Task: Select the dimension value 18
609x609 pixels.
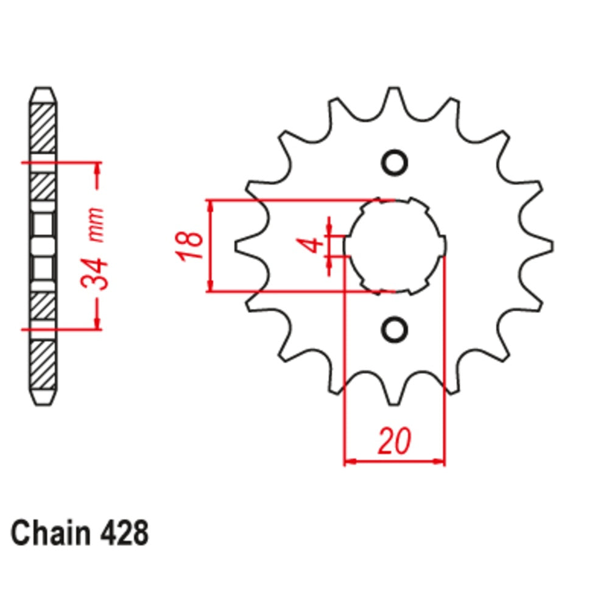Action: click(x=191, y=245)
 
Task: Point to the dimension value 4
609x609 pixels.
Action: click(x=313, y=245)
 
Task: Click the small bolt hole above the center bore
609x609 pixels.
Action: click(x=394, y=163)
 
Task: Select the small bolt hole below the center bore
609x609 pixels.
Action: click(x=394, y=329)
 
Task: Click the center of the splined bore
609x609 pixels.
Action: click(x=395, y=245)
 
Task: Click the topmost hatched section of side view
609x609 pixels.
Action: click(x=43, y=128)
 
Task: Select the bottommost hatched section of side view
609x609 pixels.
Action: click(x=43, y=365)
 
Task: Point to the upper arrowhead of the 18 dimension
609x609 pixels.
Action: click(x=211, y=206)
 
